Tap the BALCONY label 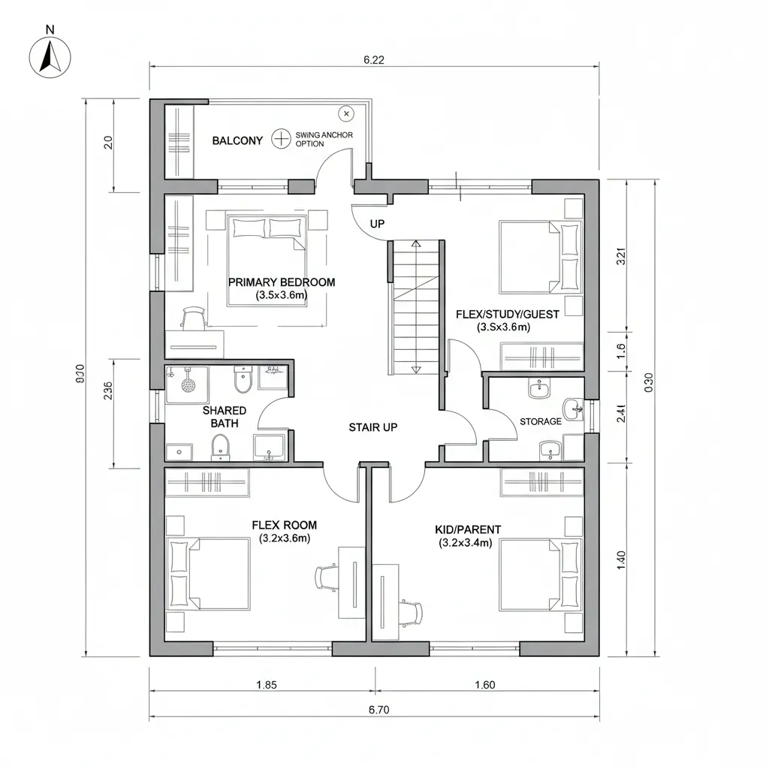click(x=237, y=140)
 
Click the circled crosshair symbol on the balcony click(x=281, y=138)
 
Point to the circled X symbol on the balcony click(x=345, y=113)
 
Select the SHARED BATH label click(x=224, y=417)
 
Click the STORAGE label click(x=540, y=421)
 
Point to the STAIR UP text click(x=373, y=427)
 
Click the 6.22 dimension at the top click(x=373, y=61)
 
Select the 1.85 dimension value click(x=267, y=684)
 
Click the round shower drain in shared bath click(x=188, y=383)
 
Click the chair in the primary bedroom click(x=194, y=318)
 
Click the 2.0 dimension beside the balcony click(x=107, y=143)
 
